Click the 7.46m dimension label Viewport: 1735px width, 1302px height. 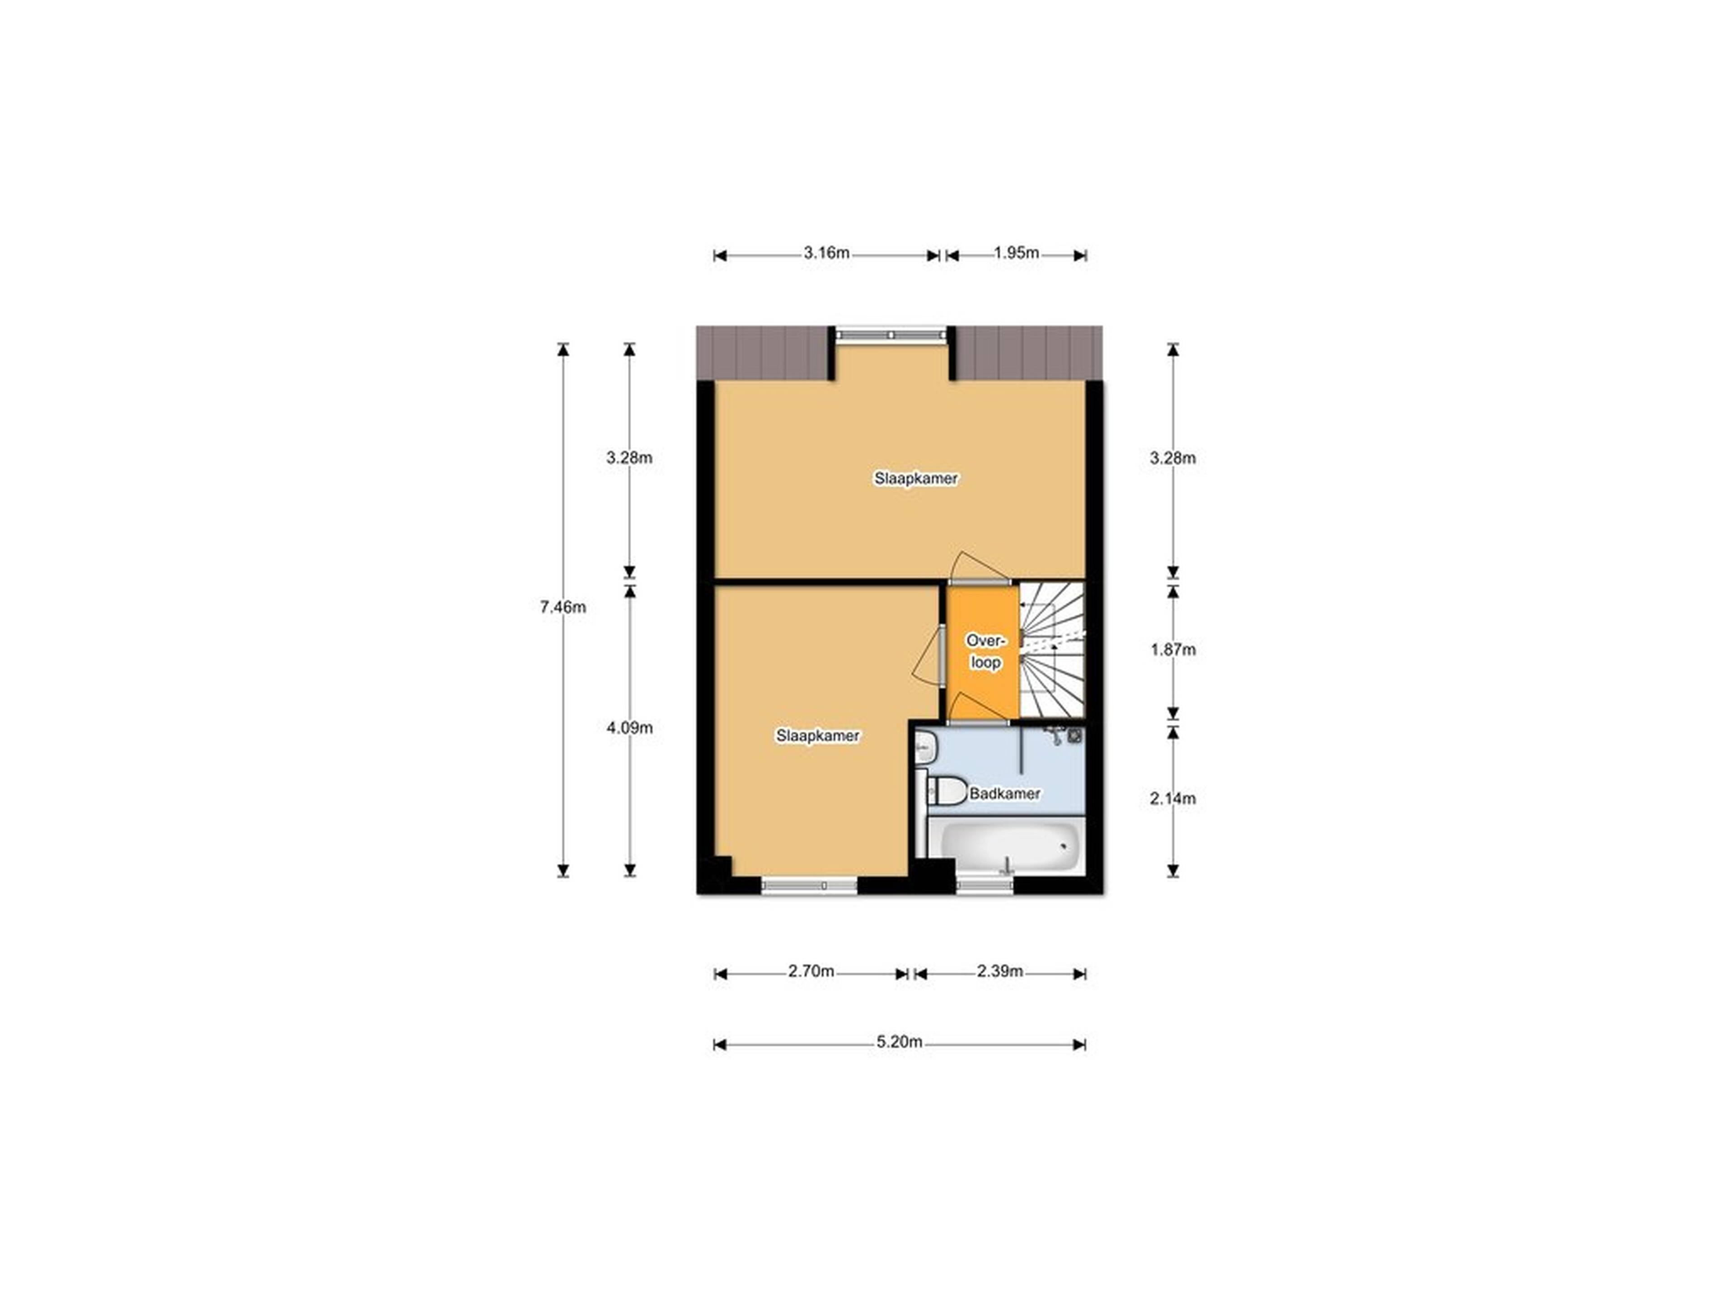click(x=563, y=607)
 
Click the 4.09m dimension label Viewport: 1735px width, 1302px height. click(x=629, y=727)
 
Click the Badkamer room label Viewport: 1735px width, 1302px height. click(x=1005, y=793)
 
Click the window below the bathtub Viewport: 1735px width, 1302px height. click(x=985, y=885)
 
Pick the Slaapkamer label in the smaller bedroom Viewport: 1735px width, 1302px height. click(x=818, y=736)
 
